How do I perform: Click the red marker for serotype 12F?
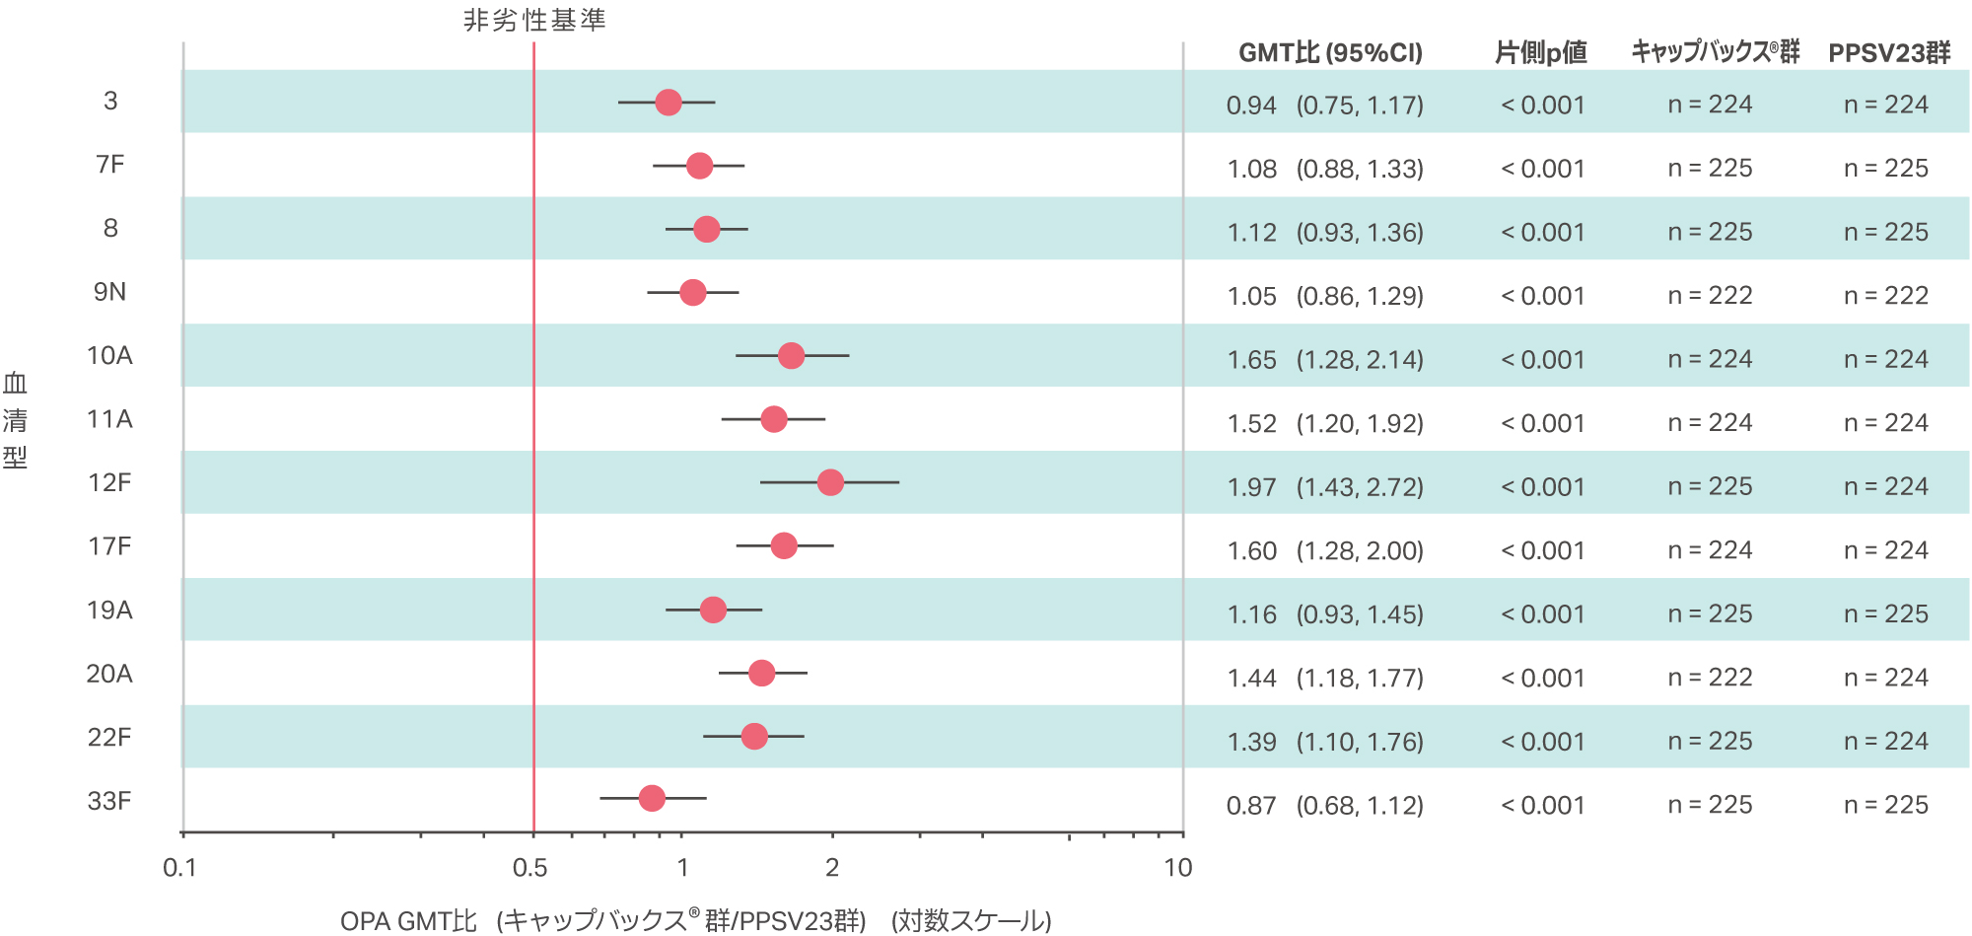point(830,482)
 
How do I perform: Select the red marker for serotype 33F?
point(652,798)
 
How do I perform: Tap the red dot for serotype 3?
point(669,102)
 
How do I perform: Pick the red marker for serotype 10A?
point(791,355)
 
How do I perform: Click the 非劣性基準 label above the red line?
point(534,21)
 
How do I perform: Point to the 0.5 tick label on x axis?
point(530,868)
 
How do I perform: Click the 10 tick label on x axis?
point(1177,868)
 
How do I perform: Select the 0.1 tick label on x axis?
point(179,868)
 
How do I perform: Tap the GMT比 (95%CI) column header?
point(1330,53)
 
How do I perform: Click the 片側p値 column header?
point(1541,53)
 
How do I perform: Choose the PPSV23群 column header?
point(1889,53)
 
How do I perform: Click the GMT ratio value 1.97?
point(1251,487)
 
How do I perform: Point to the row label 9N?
point(109,292)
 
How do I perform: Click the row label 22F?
point(109,738)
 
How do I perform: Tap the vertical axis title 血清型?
point(15,420)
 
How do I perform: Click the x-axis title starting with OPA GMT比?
point(695,920)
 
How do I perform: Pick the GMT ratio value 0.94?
point(1251,106)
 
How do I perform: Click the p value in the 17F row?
point(1542,550)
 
